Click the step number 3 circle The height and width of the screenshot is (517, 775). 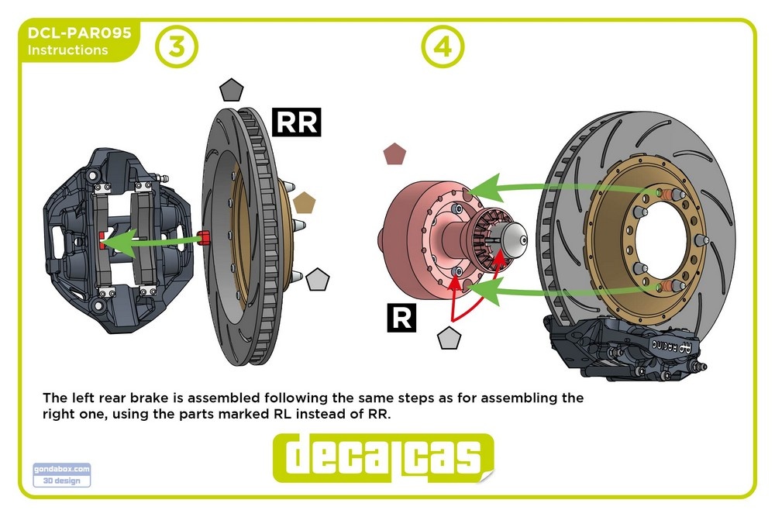[x=177, y=47]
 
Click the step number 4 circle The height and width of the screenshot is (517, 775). [x=442, y=47]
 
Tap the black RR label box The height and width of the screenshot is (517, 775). [x=297, y=122]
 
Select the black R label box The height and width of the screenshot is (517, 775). [x=401, y=317]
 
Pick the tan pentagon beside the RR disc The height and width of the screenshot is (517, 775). [x=304, y=203]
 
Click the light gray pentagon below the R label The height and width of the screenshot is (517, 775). [x=449, y=339]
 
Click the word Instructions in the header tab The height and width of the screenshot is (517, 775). [x=68, y=50]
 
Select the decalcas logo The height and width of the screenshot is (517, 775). [x=383, y=458]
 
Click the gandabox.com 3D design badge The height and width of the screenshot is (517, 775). [x=62, y=474]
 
